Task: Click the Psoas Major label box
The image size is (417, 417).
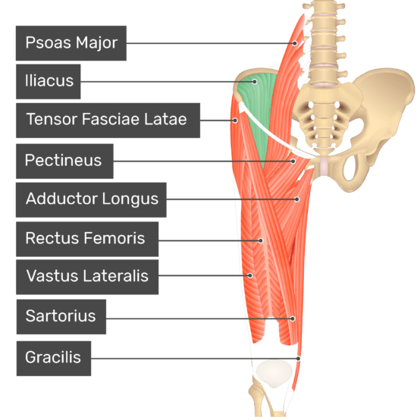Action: point(71,43)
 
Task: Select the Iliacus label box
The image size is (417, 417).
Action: point(48,81)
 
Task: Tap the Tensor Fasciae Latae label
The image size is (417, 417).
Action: point(108,121)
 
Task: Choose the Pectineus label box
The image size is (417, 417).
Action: point(64,161)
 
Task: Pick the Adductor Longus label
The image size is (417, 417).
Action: point(91,199)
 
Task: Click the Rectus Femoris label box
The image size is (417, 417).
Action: point(87,239)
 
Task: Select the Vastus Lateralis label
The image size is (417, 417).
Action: point(87,277)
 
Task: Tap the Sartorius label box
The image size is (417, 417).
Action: point(61,317)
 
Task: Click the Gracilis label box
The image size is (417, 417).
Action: point(54,359)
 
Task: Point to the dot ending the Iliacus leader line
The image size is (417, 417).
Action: point(255,82)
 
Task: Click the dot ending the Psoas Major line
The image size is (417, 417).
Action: point(295,43)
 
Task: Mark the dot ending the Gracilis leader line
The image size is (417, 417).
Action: point(298,359)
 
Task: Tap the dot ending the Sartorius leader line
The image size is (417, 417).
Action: point(292,318)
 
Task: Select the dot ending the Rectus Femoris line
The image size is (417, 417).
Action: point(261,240)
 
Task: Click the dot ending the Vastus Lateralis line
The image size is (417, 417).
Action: point(249,275)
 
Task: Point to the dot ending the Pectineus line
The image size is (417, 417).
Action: point(293,161)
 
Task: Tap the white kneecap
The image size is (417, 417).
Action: point(274,374)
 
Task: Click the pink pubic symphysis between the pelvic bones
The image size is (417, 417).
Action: point(324,166)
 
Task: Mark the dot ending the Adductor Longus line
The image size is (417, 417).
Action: point(296,199)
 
